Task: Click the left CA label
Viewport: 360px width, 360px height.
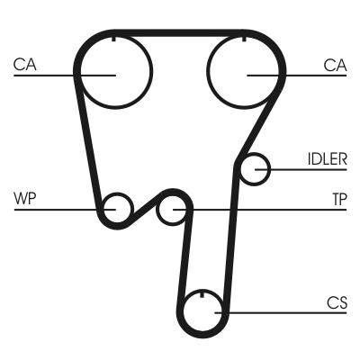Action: coord(24,65)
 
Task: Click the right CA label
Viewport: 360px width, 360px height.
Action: coord(335,66)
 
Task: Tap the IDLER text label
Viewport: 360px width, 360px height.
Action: coord(328,159)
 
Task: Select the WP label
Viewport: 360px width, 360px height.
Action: coord(25,198)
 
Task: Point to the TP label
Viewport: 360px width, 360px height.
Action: coord(339,199)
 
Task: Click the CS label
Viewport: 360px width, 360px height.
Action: coord(337,302)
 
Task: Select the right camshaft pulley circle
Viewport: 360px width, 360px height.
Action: coord(208,72)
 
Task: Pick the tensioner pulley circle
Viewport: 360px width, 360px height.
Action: coord(157,210)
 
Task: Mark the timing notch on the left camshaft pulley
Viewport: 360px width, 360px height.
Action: coord(113,39)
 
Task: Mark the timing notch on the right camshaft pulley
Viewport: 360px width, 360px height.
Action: coord(244,39)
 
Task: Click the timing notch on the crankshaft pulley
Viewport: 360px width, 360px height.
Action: coord(202,294)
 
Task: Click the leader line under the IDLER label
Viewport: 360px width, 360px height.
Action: coord(301,169)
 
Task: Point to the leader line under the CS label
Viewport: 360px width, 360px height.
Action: coord(281,313)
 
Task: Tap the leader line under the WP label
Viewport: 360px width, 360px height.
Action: coord(65,210)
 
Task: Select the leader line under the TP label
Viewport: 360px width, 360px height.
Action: coord(260,210)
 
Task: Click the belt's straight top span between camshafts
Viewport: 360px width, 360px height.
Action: coord(179,33)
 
